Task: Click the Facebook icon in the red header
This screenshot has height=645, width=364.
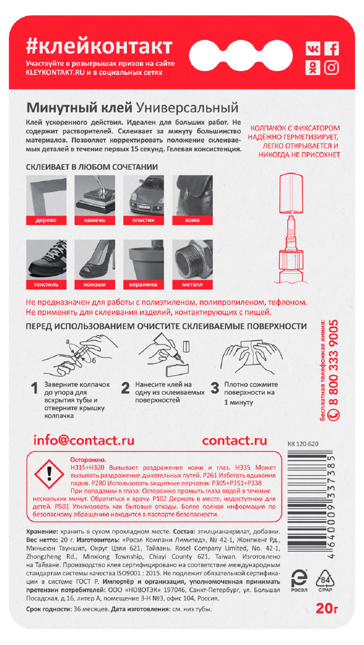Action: click(x=331, y=49)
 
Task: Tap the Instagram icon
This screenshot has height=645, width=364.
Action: click(x=331, y=68)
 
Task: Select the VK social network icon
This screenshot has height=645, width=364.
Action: click(x=313, y=49)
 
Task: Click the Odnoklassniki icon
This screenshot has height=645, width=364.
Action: click(x=313, y=68)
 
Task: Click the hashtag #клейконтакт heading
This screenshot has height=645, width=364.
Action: click(x=99, y=46)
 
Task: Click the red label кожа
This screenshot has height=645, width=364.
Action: click(x=192, y=220)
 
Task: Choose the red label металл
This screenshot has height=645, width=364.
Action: click(x=192, y=285)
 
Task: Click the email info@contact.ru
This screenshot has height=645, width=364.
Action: click(x=84, y=440)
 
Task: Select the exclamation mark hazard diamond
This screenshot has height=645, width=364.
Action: click(x=49, y=474)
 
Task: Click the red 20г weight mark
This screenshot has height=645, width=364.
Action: click(x=327, y=608)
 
